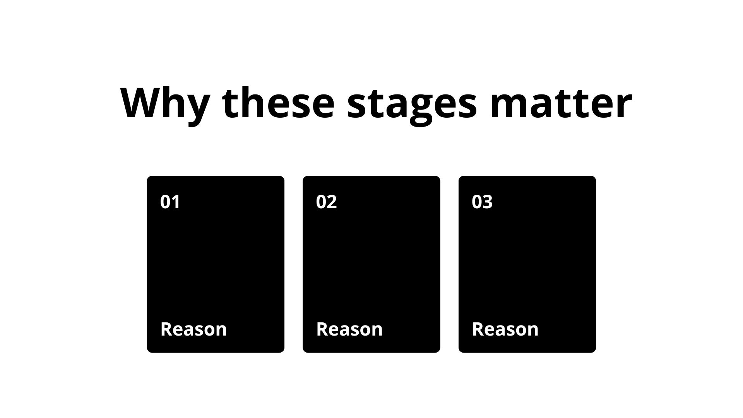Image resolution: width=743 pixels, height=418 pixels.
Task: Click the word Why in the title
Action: (x=165, y=104)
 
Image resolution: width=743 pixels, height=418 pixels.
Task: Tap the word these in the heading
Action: (x=278, y=101)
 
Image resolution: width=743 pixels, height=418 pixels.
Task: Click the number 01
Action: (x=170, y=202)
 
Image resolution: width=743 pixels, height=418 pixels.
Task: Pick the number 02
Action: (x=326, y=202)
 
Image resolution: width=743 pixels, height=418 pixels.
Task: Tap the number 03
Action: (x=482, y=202)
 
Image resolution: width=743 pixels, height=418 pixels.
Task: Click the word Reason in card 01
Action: (x=193, y=329)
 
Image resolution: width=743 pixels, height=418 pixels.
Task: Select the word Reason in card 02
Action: (x=349, y=329)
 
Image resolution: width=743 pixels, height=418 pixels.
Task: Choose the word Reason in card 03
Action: (x=505, y=329)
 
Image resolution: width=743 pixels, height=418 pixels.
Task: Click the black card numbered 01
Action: (x=216, y=264)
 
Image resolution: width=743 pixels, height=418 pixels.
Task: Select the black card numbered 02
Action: (x=371, y=264)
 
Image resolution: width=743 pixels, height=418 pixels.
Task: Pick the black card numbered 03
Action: (x=527, y=264)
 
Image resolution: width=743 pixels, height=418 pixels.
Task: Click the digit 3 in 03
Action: (x=488, y=202)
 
